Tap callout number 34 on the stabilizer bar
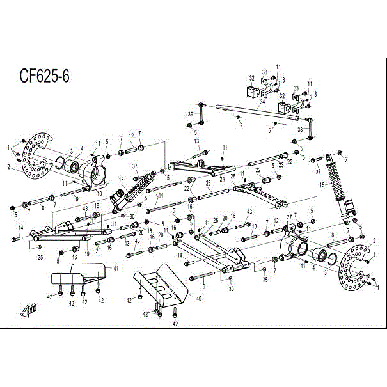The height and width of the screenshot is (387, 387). coord(262,101)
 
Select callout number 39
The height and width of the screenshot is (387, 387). coord(190,115)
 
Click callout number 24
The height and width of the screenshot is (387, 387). coord(221,179)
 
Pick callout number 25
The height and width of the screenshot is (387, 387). coord(233,175)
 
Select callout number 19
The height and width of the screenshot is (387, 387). coord(87,254)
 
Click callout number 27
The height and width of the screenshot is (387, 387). coord(289,217)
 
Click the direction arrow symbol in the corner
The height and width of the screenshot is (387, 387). coord(28,311)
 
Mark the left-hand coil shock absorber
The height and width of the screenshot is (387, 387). coord(134,191)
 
